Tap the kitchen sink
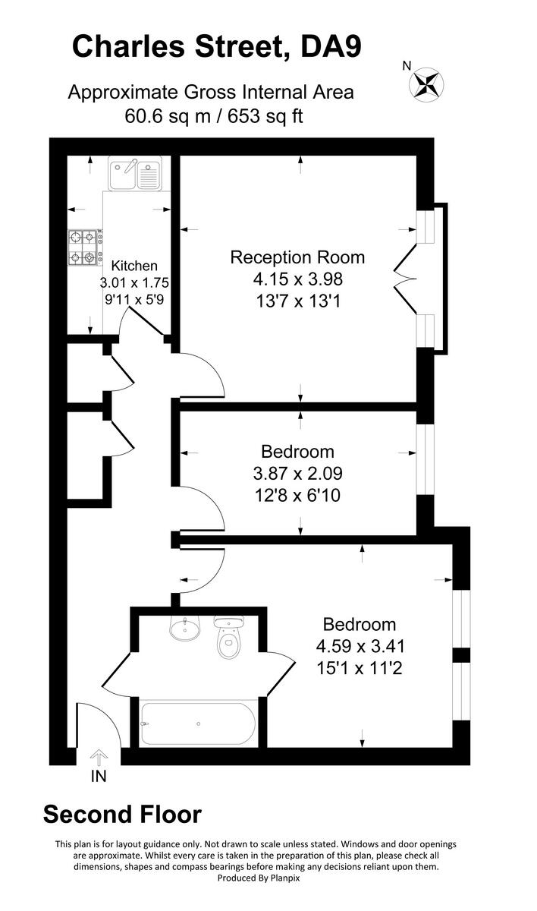coord(135,174)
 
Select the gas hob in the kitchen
coord(85,248)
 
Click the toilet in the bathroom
coord(228,640)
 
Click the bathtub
coord(199,722)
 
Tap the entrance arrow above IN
coord(99,757)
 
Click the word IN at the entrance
coord(99,776)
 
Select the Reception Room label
coord(297,257)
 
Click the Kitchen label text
coord(134,266)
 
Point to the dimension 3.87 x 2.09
coord(297,474)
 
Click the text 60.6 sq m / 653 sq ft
coord(210,116)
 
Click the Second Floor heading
coord(122,815)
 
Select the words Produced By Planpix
coord(256,878)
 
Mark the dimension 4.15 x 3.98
coord(297,279)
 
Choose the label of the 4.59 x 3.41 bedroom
coord(359,625)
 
